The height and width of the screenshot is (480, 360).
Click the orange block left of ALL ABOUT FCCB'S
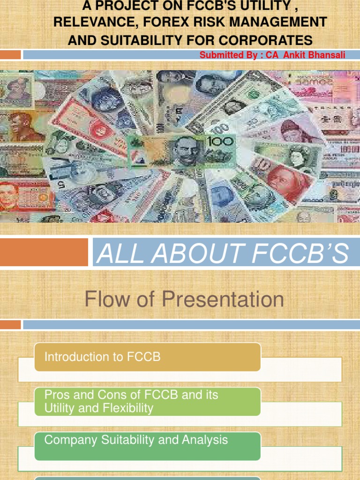44,252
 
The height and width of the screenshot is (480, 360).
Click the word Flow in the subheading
102,300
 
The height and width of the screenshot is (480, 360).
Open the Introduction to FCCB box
147,357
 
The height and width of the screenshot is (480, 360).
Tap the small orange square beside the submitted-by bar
10,54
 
